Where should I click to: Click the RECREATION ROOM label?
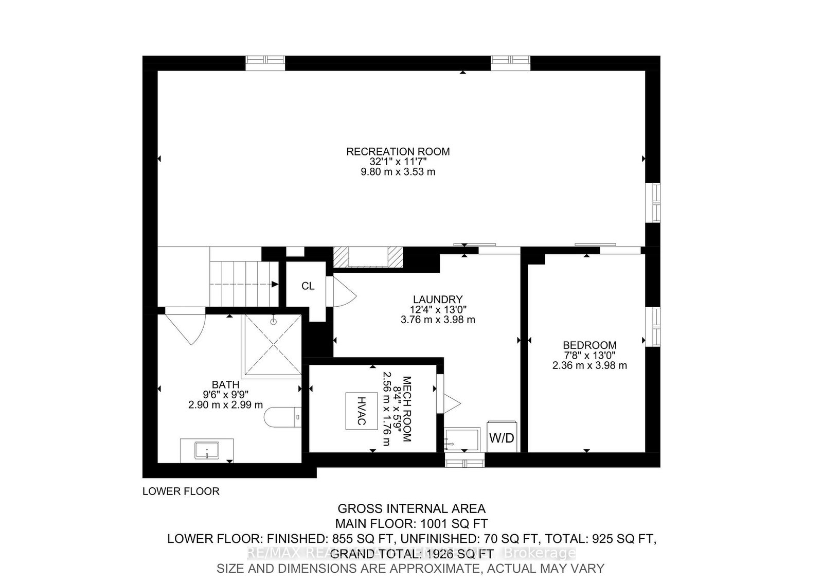(398, 152)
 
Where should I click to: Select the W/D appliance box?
(502, 438)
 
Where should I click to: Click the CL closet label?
(308, 286)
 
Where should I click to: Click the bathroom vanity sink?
(207, 451)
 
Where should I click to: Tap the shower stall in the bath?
(273, 344)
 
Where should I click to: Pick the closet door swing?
(344, 292)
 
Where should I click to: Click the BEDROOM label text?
(589, 345)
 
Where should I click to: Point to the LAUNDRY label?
(438, 299)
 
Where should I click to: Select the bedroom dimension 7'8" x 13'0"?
(589, 356)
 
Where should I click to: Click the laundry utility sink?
(462, 439)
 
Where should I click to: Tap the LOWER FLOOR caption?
(181, 491)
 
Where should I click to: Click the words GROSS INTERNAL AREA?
(411, 509)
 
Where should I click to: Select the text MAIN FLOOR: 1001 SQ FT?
(411, 524)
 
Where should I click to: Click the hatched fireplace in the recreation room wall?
(367, 256)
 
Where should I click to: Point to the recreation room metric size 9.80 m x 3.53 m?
(398, 172)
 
